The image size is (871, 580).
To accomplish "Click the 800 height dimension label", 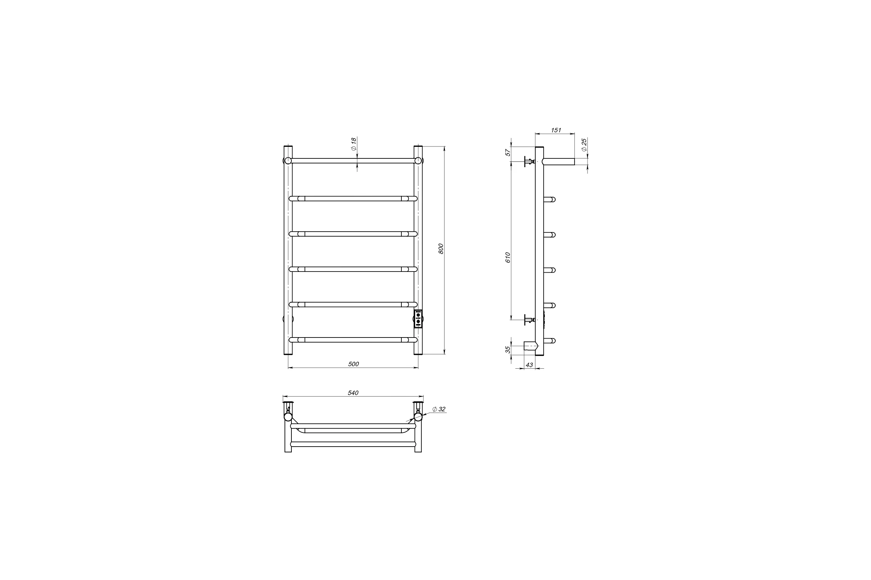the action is [x=441, y=249].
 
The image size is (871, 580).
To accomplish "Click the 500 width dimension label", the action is [x=353, y=364].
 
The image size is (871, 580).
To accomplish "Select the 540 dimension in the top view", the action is [x=353, y=393].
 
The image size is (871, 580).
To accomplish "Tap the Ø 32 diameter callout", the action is [x=439, y=409].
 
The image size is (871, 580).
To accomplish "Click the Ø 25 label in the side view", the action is [x=584, y=145].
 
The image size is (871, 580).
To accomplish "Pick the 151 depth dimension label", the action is [x=556, y=130].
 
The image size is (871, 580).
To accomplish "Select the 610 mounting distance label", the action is [x=508, y=257].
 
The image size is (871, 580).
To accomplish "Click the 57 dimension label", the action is [x=508, y=152].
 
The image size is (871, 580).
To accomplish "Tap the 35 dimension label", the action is [x=508, y=349].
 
